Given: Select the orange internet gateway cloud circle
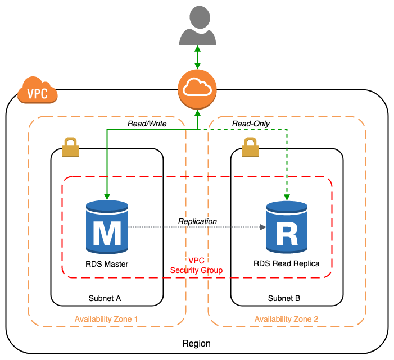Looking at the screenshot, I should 197,89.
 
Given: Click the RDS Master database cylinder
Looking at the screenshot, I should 107,227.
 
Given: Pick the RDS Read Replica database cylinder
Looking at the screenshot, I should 287,227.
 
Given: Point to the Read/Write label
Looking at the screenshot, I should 147,124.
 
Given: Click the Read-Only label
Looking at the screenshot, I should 251,124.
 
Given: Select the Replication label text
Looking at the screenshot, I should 197,221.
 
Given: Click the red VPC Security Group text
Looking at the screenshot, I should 196,266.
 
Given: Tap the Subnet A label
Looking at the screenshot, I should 105,298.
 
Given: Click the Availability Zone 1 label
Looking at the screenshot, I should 106,319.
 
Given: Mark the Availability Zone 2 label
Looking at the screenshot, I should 286,319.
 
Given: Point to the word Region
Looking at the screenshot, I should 197,343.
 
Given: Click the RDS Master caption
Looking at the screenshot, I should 106,263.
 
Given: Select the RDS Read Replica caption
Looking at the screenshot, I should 286,263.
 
